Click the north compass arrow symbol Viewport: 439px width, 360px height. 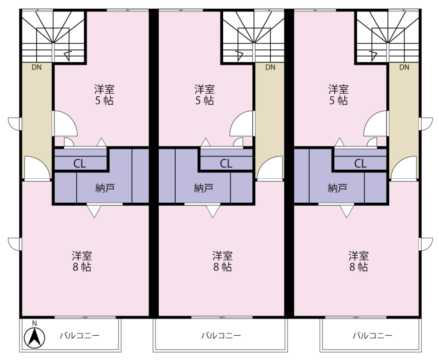[x=34, y=337]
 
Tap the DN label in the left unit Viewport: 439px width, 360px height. [x=37, y=67]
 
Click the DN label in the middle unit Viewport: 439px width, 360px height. [x=270, y=67]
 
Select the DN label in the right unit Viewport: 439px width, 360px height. [x=404, y=67]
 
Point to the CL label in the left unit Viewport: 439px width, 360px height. [x=80, y=164]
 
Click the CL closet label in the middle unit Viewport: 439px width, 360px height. [x=226, y=164]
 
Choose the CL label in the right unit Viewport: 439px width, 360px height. [x=360, y=164]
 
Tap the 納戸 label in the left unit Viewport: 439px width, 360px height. [x=105, y=188]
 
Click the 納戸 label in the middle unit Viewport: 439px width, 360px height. [x=203, y=188]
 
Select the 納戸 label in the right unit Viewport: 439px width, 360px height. [x=337, y=188]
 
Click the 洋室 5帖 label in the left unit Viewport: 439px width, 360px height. [x=104, y=95]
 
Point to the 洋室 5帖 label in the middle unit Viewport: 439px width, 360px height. [x=204, y=95]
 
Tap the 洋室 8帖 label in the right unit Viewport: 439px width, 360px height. [x=359, y=261]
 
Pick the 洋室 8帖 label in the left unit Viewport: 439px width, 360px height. [x=82, y=261]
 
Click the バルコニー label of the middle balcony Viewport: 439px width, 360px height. [x=221, y=335]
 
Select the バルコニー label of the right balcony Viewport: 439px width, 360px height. [x=372, y=335]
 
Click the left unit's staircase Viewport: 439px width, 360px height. [x=53, y=37]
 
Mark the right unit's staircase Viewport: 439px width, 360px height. [x=388, y=37]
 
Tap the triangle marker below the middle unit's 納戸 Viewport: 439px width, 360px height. [x=213, y=211]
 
